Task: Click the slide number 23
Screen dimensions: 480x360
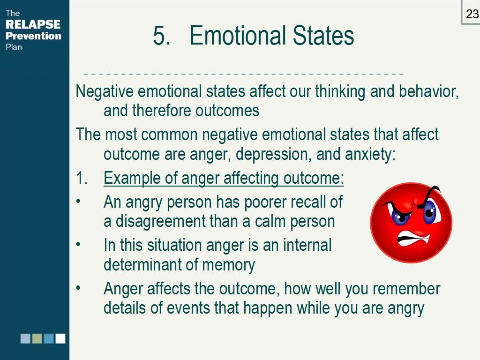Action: [472, 14]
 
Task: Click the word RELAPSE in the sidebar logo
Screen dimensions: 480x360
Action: [33, 24]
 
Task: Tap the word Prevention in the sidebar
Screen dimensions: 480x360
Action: [33, 36]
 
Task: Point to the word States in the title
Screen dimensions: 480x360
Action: [323, 36]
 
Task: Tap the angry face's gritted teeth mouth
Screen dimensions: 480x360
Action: [413, 238]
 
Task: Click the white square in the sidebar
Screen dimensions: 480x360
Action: [60, 338]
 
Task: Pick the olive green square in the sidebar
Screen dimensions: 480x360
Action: [37, 338]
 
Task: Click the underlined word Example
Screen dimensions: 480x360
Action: [132, 178]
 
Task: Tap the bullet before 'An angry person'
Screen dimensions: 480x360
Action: [78, 202]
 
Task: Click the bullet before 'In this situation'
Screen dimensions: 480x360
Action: [78, 245]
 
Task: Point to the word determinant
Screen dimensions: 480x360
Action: [144, 264]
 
